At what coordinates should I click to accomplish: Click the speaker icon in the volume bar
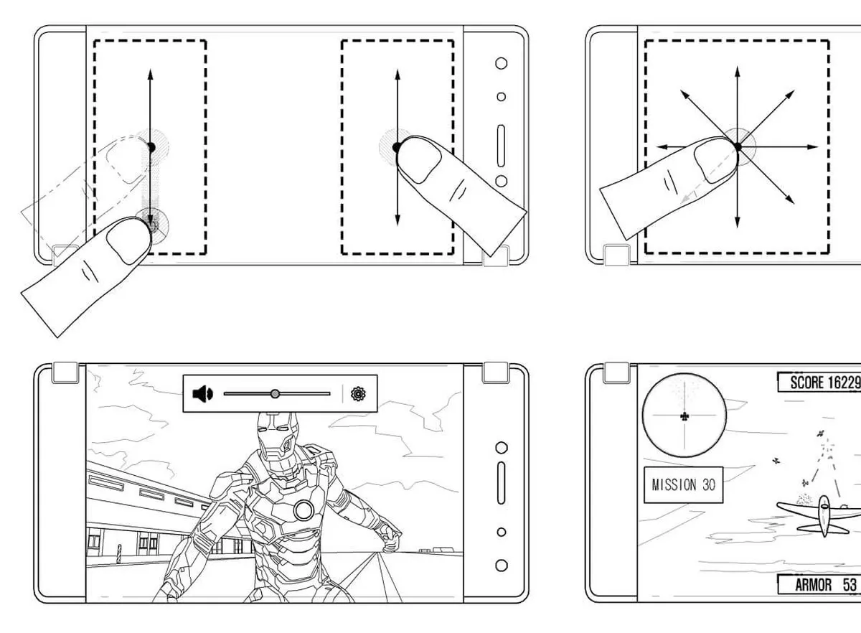click(202, 394)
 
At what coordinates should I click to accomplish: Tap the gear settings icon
click(358, 394)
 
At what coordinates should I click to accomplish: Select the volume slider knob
click(275, 394)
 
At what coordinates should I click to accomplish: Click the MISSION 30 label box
click(683, 485)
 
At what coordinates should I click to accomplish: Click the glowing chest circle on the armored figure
click(304, 510)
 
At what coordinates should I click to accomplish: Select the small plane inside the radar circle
click(684, 416)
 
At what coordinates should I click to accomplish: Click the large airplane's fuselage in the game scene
click(824, 516)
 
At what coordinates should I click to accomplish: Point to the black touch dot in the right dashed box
click(397, 147)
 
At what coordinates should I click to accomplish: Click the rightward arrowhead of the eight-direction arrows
click(812, 147)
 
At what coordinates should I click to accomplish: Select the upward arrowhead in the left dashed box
click(150, 74)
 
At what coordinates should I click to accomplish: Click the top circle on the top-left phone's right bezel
click(502, 63)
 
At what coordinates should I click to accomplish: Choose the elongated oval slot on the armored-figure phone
click(502, 483)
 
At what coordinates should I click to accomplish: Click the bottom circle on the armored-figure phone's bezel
click(502, 566)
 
